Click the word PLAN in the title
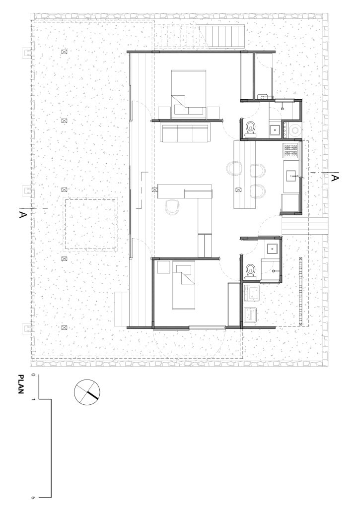21,384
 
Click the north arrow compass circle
87,392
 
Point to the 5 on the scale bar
33,497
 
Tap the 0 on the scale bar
33,375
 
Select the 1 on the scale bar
33,399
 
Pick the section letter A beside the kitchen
335,178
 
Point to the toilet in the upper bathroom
251,128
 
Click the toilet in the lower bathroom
250,271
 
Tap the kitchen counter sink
291,176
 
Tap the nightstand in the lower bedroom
163,267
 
